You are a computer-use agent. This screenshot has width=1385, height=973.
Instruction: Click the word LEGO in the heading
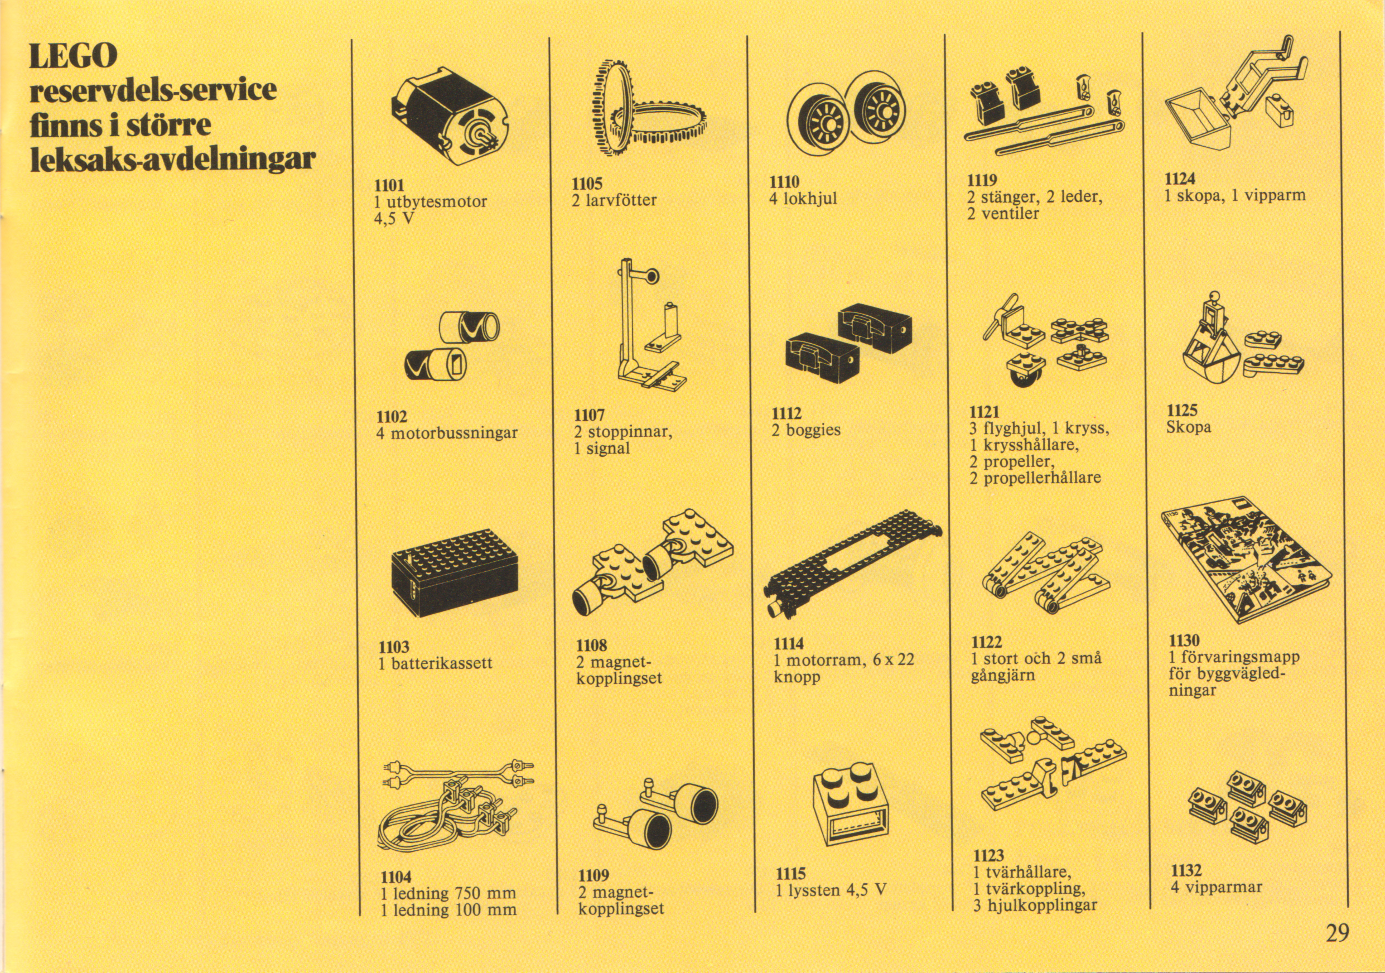coord(74,56)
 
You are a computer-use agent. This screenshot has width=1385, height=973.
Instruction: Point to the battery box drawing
coord(454,572)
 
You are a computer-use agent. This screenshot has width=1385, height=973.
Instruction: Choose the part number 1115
coord(791,874)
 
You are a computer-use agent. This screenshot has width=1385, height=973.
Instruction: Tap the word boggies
coord(813,430)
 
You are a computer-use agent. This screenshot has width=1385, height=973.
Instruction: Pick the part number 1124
coord(1180,179)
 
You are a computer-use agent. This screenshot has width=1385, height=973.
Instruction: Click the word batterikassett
coord(442,663)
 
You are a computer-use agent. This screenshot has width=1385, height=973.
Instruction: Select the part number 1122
coord(986,642)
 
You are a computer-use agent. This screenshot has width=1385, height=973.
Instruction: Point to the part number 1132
coord(1186,870)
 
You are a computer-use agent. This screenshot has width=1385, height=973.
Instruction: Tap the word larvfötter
coord(621,200)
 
